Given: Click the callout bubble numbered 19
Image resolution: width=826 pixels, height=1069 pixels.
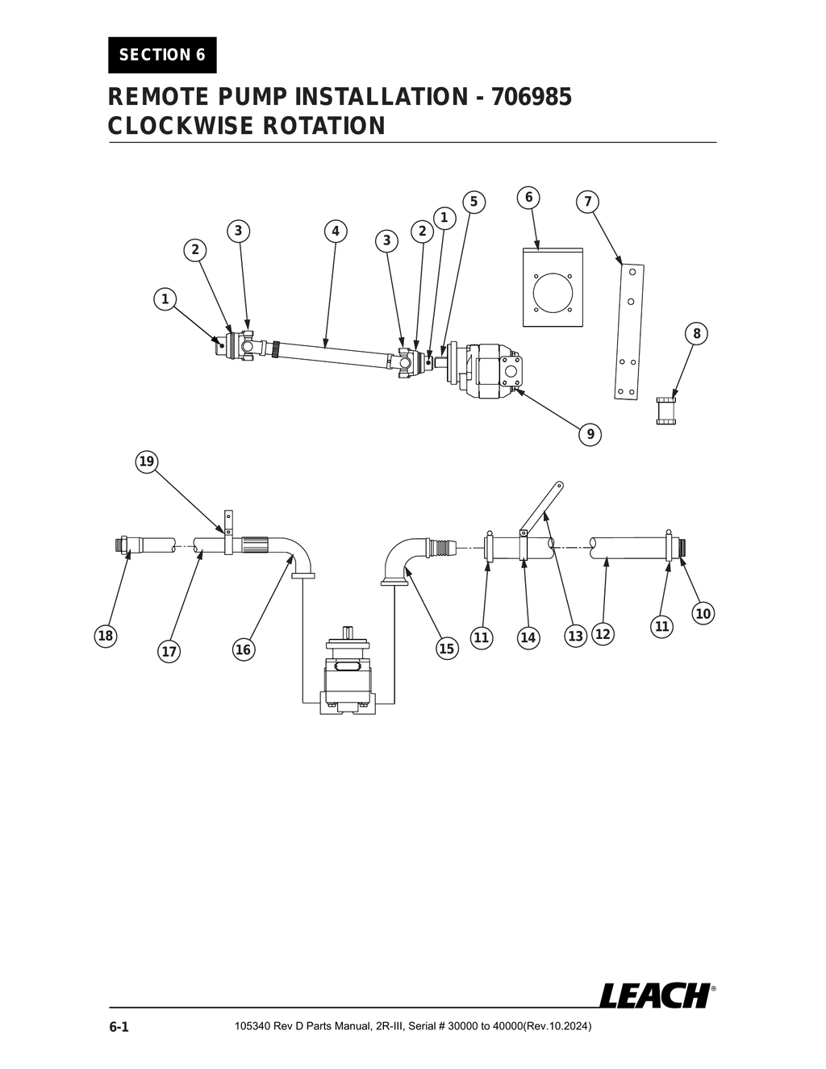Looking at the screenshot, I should coord(146,461).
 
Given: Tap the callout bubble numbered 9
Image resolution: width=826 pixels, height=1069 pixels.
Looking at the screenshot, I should coord(590,434).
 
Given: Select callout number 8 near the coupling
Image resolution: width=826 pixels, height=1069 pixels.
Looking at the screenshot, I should coord(696,333).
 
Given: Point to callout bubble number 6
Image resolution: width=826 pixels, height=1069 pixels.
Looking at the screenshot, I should coord(528,198).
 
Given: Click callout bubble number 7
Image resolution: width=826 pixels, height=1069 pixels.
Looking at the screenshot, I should coord(587,202).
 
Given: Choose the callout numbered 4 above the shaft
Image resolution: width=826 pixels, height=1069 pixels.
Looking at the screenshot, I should coord(336,232).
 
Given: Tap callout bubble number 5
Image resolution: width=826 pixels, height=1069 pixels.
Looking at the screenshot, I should coord(473,202).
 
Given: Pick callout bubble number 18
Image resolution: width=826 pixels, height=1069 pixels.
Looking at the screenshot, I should coord(106,636).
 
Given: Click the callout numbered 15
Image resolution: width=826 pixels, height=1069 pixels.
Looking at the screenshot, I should coord(446,648).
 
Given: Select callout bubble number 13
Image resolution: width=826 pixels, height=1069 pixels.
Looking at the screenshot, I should coord(575,636).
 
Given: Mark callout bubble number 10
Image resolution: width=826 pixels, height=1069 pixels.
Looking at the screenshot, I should coord(703,613).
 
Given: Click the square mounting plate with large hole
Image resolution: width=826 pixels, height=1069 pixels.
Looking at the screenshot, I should coord(553,287).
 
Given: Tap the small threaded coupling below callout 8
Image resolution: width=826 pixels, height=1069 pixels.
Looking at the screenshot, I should coord(665,410).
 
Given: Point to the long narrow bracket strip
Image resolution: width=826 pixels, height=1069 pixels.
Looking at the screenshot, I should coord(629,332).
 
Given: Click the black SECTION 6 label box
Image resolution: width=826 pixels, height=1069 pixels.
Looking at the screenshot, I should coord(162,55).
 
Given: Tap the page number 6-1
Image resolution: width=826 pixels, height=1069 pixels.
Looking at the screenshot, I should coord(119,1027).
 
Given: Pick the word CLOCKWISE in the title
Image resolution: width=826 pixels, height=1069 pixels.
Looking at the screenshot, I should coord(169,126).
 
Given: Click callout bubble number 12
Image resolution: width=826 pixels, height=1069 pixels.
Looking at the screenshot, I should coord(603,634).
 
